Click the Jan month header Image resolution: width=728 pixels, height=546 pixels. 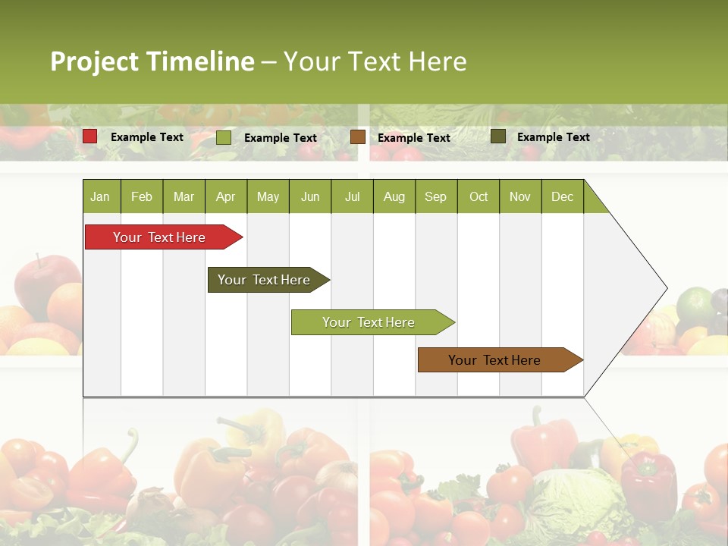100,196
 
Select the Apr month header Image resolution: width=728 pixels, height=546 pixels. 226,196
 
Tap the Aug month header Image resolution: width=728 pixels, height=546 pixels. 394,196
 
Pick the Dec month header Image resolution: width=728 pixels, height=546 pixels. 562,196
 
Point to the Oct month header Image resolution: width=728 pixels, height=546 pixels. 479,196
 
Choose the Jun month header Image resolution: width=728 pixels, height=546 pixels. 310,196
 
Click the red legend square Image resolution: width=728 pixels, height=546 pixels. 90,136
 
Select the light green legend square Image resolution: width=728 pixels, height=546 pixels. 224,137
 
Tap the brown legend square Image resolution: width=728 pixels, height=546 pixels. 358,137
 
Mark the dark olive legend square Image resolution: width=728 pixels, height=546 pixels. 498,136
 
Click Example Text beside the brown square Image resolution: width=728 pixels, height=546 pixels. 413,137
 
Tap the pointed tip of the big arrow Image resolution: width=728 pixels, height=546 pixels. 665,287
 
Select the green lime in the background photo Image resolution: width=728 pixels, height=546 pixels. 694,303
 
